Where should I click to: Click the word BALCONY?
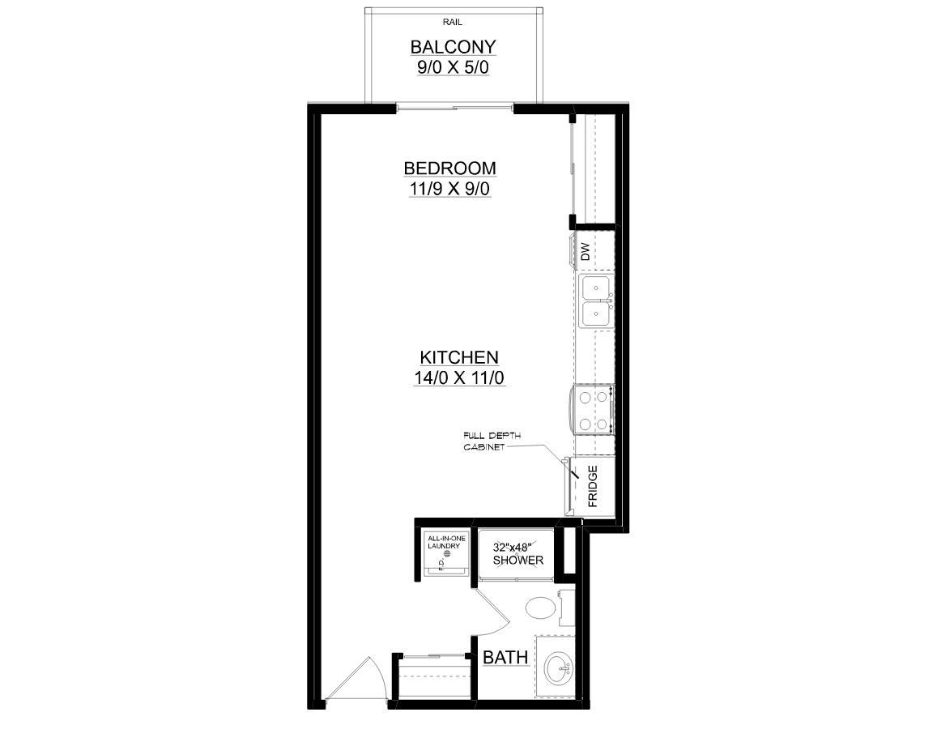(453, 47)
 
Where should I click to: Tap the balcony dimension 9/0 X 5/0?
(453, 67)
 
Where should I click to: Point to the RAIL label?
(453, 22)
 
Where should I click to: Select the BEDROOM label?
(450, 168)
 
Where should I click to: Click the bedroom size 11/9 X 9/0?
(450, 189)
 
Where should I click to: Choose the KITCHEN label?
(459, 357)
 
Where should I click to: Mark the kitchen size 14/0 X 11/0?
(459, 377)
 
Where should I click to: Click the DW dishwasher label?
(585, 251)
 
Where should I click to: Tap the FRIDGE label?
(593, 486)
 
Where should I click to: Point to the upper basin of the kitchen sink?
(595, 288)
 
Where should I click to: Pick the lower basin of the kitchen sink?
(595, 314)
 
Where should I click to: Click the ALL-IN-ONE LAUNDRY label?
(446, 542)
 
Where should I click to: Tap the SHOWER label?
(518, 561)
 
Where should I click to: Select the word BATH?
(505, 657)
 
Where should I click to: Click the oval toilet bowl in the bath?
(540, 608)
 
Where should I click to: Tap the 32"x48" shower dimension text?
(512, 547)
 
